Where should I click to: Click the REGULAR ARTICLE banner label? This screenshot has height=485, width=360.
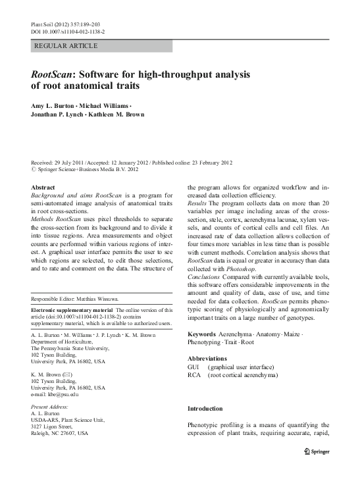pyautogui.click(x=66, y=46)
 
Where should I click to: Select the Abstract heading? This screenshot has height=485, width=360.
pyautogui.click(x=43, y=187)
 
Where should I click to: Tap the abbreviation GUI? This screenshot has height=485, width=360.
pyautogui.click(x=195, y=367)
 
